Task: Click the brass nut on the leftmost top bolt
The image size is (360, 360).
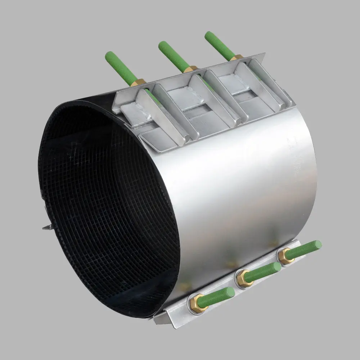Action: point(139,83)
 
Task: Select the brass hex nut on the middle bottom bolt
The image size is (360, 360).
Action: point(242,277)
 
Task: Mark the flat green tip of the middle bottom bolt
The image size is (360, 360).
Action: point(277,267)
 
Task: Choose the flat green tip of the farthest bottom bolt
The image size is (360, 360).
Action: point(318,244)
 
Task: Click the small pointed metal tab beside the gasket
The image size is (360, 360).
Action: point(46,227)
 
